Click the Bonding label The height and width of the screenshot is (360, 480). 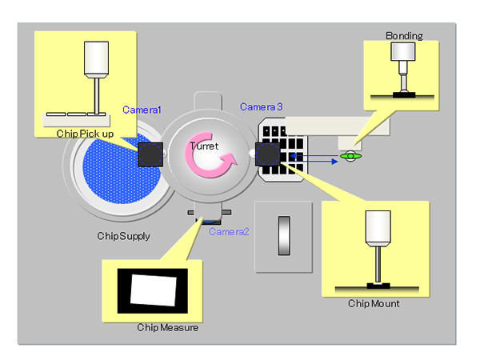click(x=404, y=36)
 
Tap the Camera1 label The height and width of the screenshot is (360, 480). click(x=142, y=109)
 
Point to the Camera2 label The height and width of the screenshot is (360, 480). click(x=229, y=231)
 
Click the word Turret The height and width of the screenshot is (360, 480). click(x=204, y=146)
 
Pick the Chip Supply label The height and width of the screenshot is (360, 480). click(x=124, y=236)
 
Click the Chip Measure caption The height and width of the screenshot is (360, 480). click(x=167, y=327)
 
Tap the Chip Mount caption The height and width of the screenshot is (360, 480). click(x=374, y=303)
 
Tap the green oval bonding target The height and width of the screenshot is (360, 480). click(x=350, y=156)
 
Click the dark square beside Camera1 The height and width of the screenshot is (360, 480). click(x=150, y=154)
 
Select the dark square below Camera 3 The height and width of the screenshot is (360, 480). click(x=267, y=154)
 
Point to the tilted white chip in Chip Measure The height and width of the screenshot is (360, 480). click(x=154, y=290)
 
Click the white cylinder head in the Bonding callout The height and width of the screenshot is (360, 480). click(x=400, y=54)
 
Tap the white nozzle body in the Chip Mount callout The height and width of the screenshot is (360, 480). click(x=374, y=230)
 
